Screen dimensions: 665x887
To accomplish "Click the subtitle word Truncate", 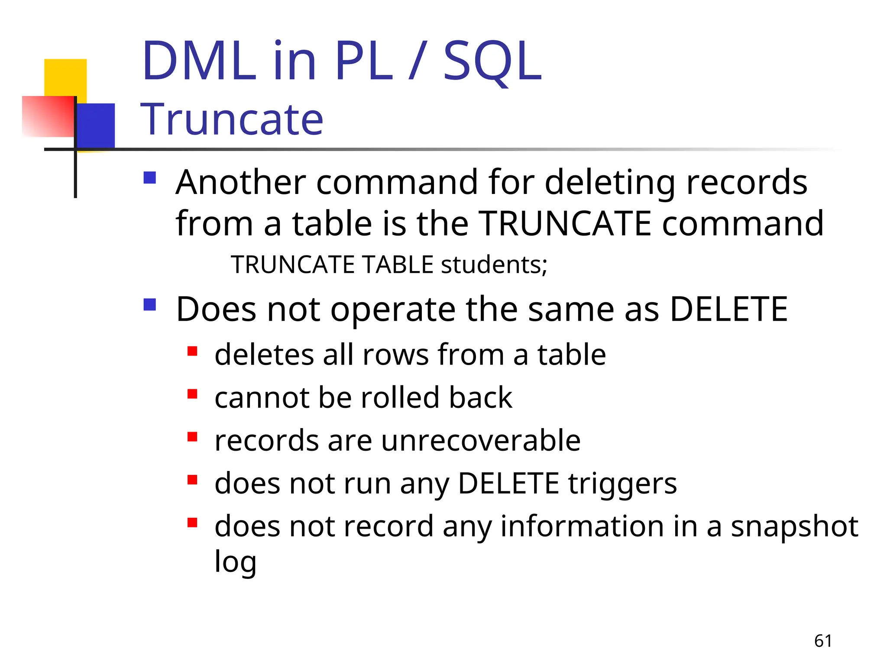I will point(232,119).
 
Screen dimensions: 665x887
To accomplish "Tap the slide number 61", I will point(823,641).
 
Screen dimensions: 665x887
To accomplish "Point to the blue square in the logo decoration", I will point(96,125).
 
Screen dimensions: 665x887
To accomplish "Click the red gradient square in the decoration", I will point(48,116).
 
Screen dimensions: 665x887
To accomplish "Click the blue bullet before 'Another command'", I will point(149,178).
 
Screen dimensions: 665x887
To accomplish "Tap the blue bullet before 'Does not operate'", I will point(149,304).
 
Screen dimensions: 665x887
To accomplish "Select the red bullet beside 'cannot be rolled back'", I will point(192,394).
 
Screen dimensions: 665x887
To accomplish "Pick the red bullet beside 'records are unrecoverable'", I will point(192,436).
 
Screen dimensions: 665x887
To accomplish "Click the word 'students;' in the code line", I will point(494,265).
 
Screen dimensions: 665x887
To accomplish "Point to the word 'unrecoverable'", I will point(481,440).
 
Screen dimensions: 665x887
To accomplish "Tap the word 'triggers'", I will point(622,484).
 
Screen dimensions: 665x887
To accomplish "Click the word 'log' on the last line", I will point(235,562).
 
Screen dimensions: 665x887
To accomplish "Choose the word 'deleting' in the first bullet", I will point(610,182).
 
